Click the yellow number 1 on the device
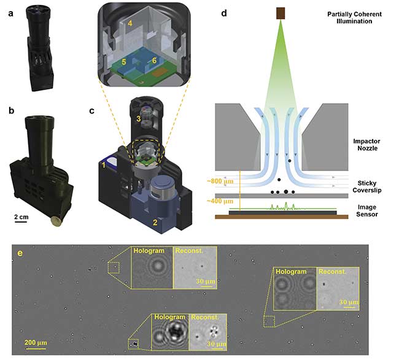[104, 164]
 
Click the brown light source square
[281, 12]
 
